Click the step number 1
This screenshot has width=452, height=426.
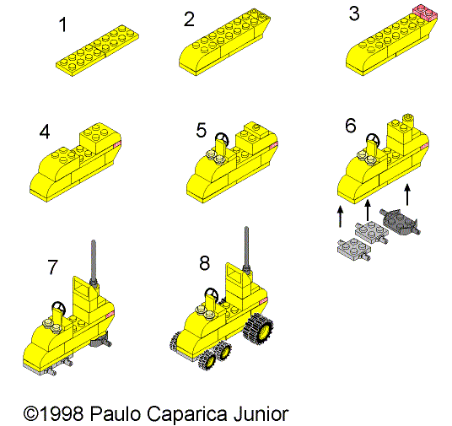[x=63, y=24]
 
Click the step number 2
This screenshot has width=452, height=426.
[x=190, y=18]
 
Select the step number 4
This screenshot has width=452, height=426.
[x=45, y=132]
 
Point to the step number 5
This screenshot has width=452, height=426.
[x=201, y=130]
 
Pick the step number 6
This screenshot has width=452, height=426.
[x=351, y=126]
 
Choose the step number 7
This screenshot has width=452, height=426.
[x=52, y=267]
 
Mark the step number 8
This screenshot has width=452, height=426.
[x=204, y=262]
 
